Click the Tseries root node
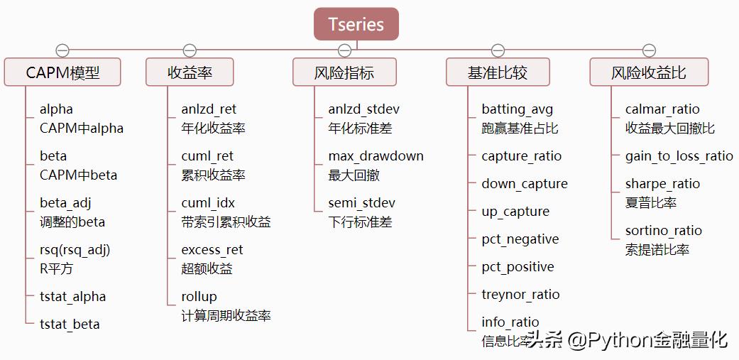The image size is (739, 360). coord(356,24)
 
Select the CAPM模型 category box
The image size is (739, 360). coord(62,72)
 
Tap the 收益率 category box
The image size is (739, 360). coord(190,72)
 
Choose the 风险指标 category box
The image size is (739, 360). coord(344,72)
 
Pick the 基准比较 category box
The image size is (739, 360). coord(498,72)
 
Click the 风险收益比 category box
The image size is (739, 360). coord(649,72)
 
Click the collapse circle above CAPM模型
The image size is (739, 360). coord(62,50)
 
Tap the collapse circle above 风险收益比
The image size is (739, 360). coord(649,50)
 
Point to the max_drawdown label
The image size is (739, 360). coord(376,156)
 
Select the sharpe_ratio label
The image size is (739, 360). coord(662,184)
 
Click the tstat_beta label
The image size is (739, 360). coord(70,324)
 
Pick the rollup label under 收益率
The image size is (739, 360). coord(199,297)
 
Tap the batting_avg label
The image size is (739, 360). coord(517,109)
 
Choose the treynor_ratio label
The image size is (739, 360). coord(520,295)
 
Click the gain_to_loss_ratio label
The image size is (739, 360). coord(679,156)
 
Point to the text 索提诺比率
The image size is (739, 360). coord(657,249)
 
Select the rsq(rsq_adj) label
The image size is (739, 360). coord(75,250)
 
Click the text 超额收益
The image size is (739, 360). coord(207,268)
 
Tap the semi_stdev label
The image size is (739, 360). coord(361,203)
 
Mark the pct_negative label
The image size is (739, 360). coord(520,239)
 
